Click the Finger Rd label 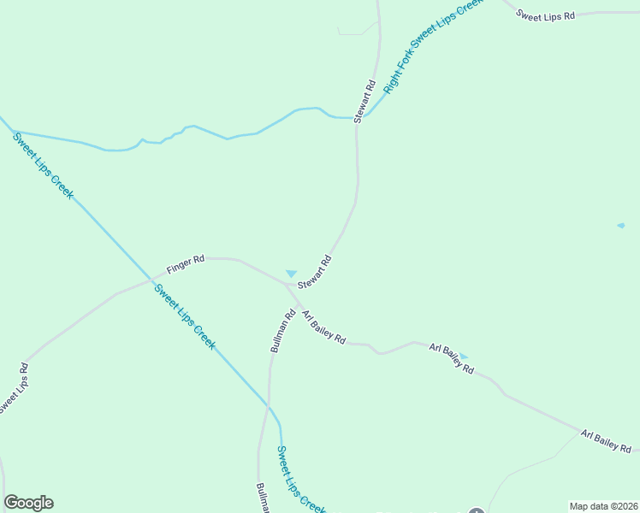pyautogui.click(x=186, y=265)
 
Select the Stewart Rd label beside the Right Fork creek pyautogui.click(x=365, y=101)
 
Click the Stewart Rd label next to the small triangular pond pyautogui.click(x=314, y=272)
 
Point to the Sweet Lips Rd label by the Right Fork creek pyautogui.click(x=545, y=15)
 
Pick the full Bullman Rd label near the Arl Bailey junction pyautogui.click(x=283, y=331)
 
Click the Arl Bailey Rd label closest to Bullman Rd pyautogui.click(x=323, y=327)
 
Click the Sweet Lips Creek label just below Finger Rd pyautogui.click(x=185, y=316)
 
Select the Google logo pyautogui.click(x=28, y=503)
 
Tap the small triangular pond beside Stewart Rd pyautogui.click(x=291, y=273)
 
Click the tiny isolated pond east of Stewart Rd pyautogui.click(x=620, y=226)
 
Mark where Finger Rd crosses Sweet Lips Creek pyautogui.click(x=151, y=279)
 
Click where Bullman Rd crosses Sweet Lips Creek pyautogui.click(x=269, y=406)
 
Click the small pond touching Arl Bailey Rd pyautogui.click(x=463, y=356)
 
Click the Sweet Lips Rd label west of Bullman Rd pyautogui.click(x=11, y=389)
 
